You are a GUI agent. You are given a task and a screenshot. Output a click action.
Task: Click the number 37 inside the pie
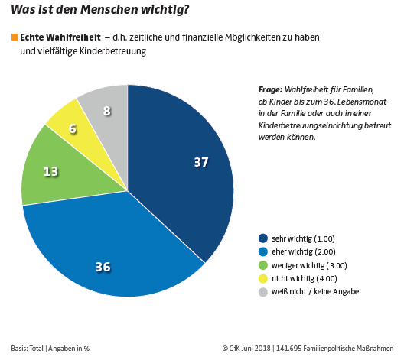[200, 162]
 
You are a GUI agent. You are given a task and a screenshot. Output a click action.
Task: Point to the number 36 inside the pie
[103, 267]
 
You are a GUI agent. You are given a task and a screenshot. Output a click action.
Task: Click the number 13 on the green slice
[51, 172]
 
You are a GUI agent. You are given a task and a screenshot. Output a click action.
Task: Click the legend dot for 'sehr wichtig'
[264, 238]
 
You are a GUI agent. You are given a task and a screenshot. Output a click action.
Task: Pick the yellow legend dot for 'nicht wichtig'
[264, 278]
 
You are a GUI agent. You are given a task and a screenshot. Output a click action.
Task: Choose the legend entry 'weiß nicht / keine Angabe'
[314, 292]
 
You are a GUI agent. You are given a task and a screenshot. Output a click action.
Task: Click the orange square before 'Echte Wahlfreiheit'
[15, 37]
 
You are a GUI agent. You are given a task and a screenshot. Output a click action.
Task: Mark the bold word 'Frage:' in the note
[271, 89]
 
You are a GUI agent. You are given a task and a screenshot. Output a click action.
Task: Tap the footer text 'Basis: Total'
[28, 348]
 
